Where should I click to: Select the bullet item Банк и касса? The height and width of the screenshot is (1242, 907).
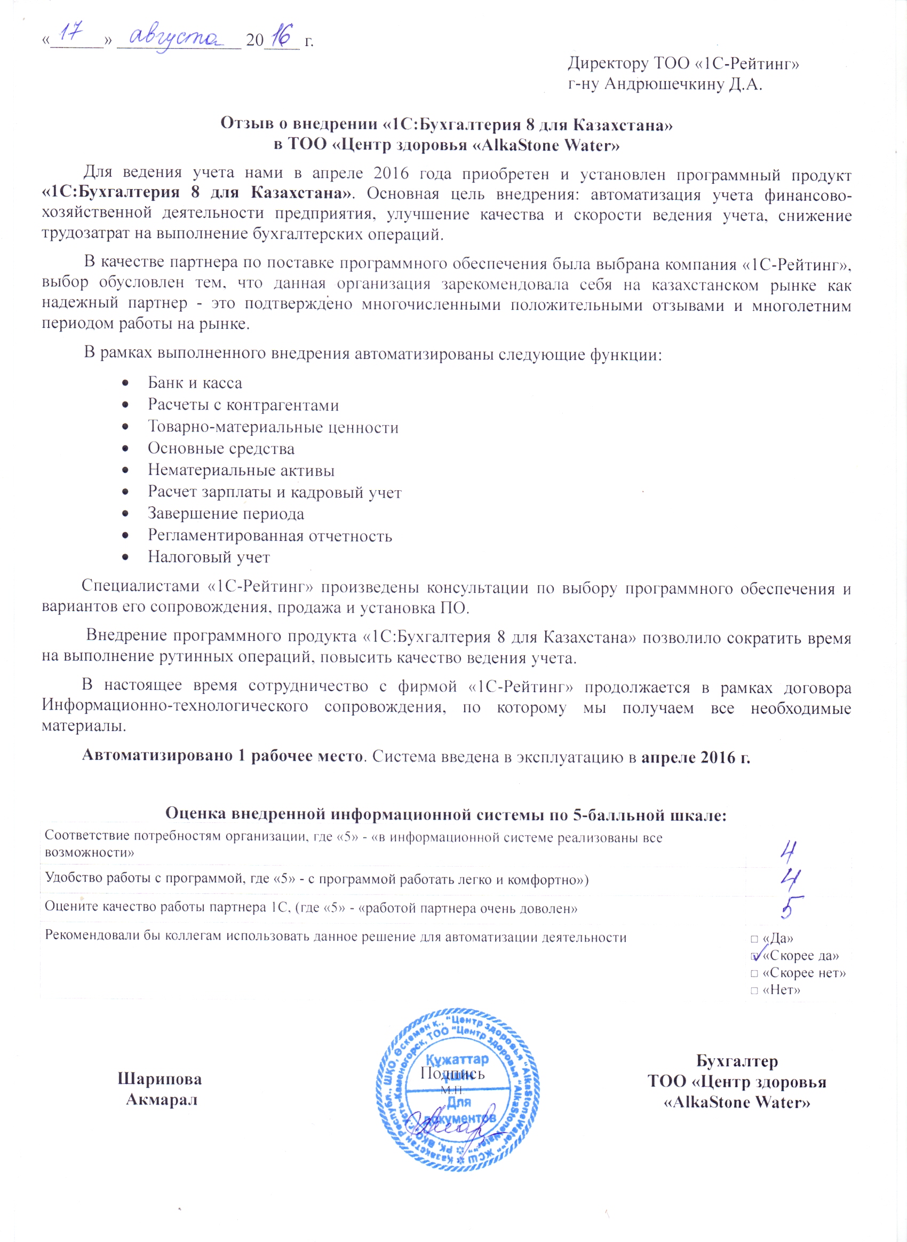click(194, 383)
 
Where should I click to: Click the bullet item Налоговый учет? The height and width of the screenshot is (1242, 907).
click(209, 557)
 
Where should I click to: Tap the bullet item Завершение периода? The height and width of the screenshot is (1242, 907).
click(226, 514)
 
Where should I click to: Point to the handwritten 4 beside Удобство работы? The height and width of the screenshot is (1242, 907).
click(791, 879)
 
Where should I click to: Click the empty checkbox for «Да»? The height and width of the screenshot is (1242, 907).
click(754, 939)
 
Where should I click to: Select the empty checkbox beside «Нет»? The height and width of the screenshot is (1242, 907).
click(754, 991)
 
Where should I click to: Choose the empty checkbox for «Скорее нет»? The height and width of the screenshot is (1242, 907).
click(754, 973)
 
